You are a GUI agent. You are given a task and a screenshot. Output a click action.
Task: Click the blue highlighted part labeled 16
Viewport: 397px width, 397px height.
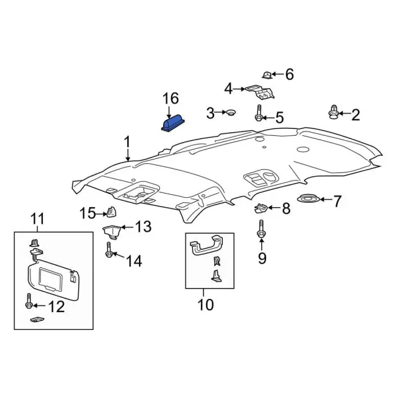172,123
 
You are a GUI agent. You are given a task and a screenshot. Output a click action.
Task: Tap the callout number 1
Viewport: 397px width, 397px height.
127,143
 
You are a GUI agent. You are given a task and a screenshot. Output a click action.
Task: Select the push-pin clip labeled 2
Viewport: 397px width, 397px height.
334,113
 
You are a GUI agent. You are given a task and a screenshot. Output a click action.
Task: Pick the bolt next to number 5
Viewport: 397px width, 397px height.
266,75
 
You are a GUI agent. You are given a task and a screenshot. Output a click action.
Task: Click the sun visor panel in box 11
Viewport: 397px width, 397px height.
29,304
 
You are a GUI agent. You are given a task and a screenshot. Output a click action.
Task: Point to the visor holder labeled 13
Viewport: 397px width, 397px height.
109,252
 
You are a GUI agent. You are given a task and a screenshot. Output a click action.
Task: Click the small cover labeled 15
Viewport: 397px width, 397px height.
205,305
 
